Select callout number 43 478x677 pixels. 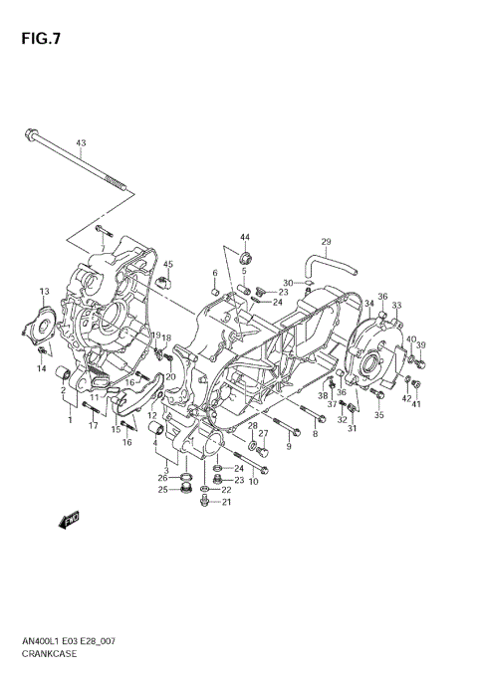pyautogui.click(x=81, y=143)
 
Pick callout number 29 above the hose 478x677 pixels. pyautogui.click(x=325, y=242)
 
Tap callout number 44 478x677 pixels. pyautogui.click(x=244, y=237)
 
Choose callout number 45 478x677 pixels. pyautogui.click(x=168, y=264)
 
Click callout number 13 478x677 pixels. pyautogui.click(x=44, y=291)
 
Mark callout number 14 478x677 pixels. pyautogui.click(x=42, y=369)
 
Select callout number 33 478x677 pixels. pyautogui.click(x=396, y=306)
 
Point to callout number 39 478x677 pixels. pyautogui.click(x=420, y=345)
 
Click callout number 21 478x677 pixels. pyautogui.click(x=226, y=502)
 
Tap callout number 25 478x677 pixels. pyautogui.click(x=161, y=489)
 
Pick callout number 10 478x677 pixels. pyautogui.click(x=253, y=482)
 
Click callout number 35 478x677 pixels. pyautogui.click(x=378, y=415)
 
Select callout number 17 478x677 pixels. pyautogui.click(x=92, y=426)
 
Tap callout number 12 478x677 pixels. pyautogui.click(x=152, y=415)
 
